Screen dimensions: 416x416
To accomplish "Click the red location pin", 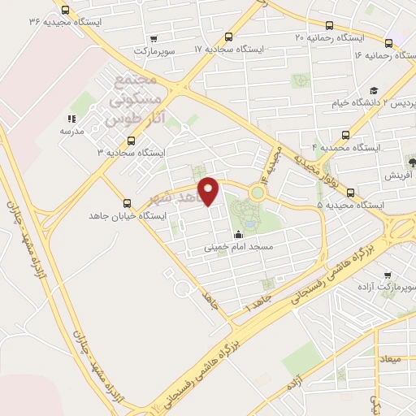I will [210, 190].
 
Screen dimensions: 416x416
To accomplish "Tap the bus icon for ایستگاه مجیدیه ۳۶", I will [66, 12].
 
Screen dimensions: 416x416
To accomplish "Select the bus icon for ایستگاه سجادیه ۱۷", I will [230, 37].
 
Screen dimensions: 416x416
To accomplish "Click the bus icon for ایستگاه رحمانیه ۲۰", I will [329, 25].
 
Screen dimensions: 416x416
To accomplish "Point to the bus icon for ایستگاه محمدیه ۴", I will [347, 135].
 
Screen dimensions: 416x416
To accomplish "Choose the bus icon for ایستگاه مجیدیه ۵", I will [350, 193].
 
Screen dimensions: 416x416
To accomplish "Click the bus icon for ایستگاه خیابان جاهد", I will [126, 203].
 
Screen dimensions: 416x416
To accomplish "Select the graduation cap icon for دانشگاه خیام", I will [374, 91].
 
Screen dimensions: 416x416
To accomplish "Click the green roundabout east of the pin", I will [258, 193].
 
